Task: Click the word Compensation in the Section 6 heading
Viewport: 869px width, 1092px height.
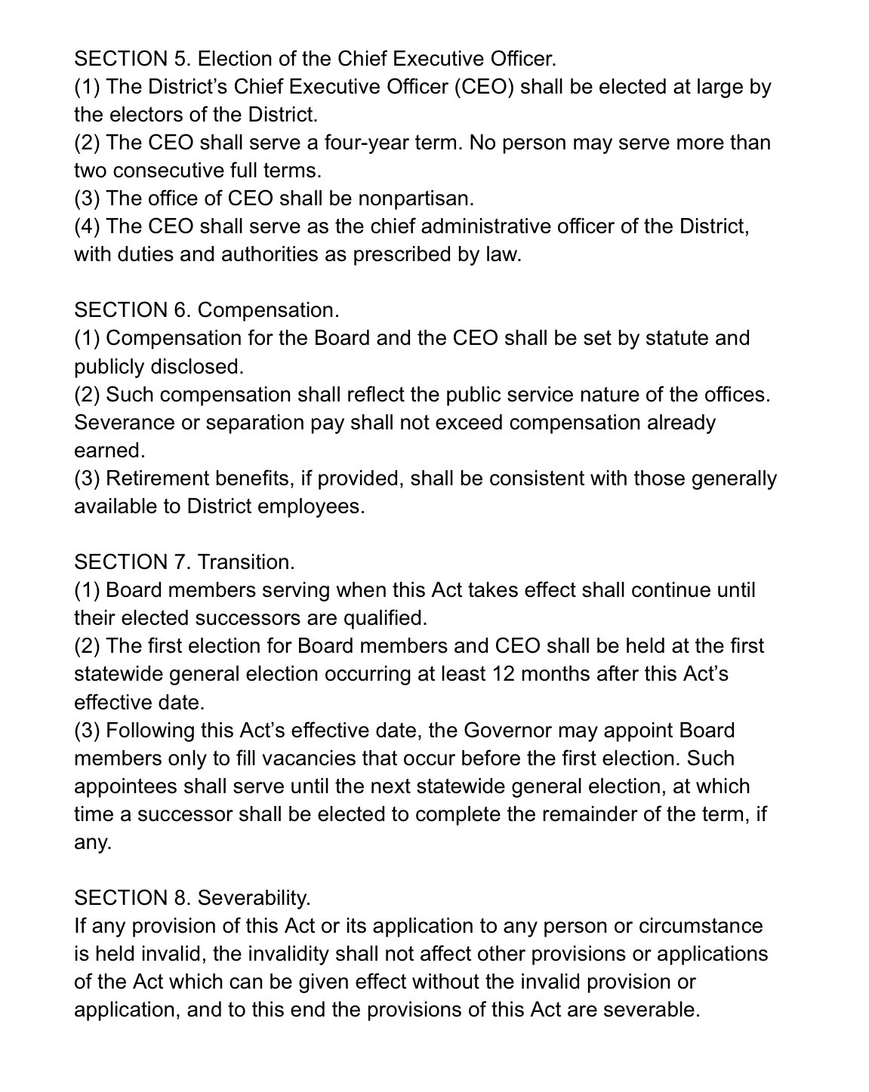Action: pyautogui.click(x=268, y=310)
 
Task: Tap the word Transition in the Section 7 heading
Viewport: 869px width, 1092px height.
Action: pyautogui.click(x=246, y=562)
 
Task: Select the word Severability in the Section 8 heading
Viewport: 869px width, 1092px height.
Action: pyautogui.click(x=254, y=898)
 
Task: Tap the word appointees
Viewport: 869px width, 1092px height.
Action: pyautogui.click(x=125, y=786)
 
